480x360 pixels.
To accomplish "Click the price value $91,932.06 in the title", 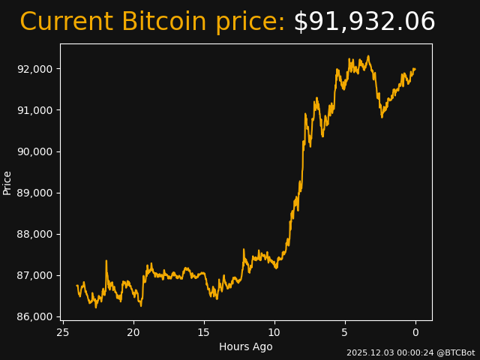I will coord(364,22).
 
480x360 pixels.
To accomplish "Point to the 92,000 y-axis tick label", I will coord(35,69).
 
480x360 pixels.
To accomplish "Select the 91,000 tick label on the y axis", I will coord(35,110).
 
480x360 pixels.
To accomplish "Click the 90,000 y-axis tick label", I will coord(35,151).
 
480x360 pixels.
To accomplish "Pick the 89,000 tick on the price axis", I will coord(35,193).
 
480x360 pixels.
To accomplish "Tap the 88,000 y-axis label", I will coord(35,234).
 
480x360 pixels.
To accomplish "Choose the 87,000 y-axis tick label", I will coord(35,275).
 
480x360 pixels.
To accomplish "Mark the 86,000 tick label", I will coord(35,316).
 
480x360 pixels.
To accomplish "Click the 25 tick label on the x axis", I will coord(63,331).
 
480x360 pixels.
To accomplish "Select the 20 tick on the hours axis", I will coord(133,331).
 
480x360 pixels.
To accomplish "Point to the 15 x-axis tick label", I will coord(204,331).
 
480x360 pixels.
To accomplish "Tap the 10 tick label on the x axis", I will coord(274,331).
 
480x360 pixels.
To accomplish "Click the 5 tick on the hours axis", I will coord(345,331).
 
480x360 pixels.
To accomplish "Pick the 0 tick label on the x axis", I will coord(415,331).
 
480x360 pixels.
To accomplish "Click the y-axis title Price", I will coord(7,182).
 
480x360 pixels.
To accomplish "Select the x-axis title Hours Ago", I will coord(246,346).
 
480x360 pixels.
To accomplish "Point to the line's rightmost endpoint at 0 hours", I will coord(415,69).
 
